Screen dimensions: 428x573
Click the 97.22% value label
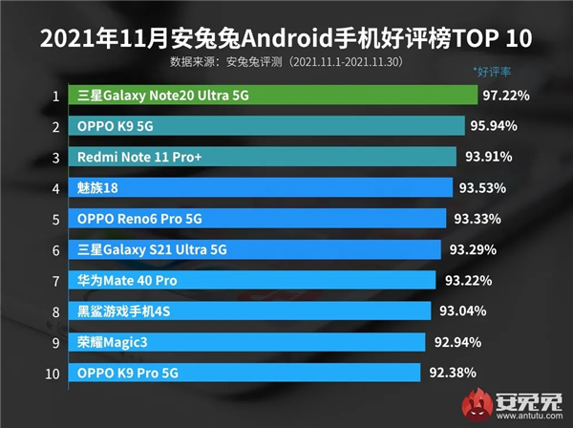tap(510, 96)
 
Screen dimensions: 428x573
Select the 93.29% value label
tap(472, 249)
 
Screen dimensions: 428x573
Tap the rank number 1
tap(56, 96)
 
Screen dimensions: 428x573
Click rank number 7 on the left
tap(56, 280)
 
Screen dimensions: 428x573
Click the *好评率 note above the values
tap(494, 72)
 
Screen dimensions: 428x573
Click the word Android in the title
tap(286, 40)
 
